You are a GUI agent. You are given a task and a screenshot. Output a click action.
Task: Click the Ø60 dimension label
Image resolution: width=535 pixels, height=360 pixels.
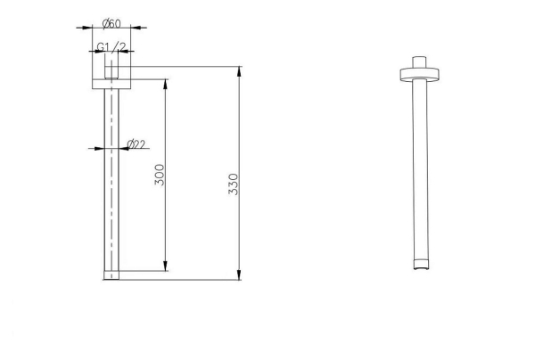(111, 23)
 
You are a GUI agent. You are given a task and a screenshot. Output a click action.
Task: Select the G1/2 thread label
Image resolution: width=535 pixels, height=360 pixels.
(111, 46)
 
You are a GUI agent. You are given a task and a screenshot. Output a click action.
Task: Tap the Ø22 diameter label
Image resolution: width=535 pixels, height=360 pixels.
(136, 144)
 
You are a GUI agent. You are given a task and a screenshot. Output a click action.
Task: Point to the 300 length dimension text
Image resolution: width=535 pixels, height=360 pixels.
(160, 175)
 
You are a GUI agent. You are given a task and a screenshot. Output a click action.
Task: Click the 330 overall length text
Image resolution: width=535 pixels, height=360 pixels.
(234, 184)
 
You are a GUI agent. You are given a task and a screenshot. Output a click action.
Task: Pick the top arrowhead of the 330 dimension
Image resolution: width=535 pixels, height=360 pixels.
(239, 71)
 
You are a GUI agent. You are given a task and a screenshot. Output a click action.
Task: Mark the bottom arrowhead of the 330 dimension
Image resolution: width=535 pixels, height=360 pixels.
(239, 274)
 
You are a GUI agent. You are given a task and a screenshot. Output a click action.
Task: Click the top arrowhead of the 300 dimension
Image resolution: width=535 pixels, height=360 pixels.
(166, 84)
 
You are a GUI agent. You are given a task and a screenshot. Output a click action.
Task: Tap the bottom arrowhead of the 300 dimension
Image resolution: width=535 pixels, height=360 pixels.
(166, 266)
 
